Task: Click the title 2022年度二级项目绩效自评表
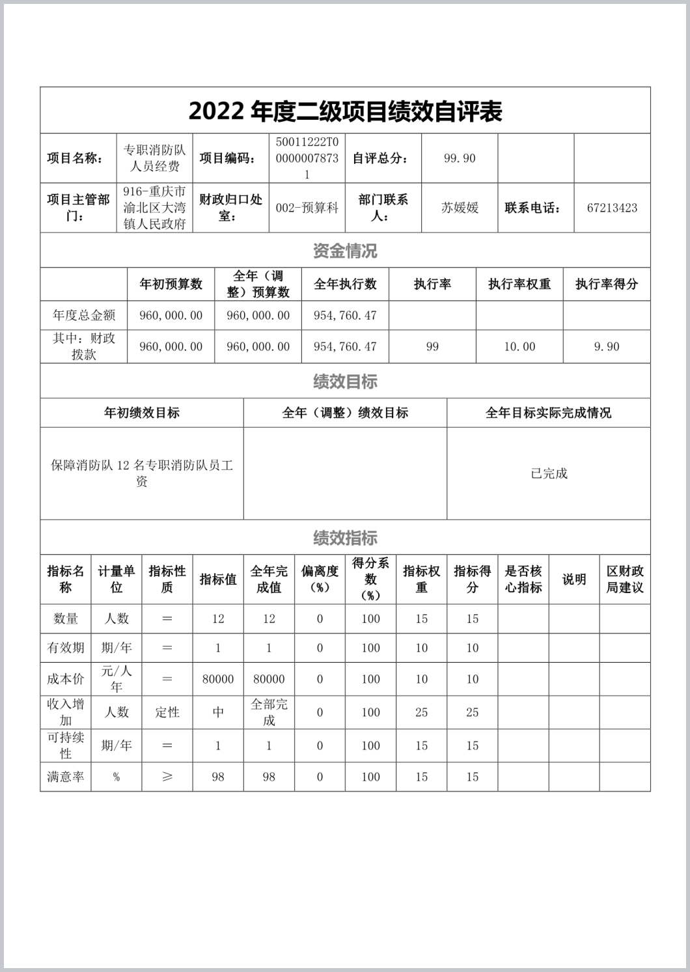pyautogui.click(x=345, y=111)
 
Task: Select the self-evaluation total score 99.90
pyautogui.click(x=460, y=158)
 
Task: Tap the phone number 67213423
pyautogui.click(x=612, y=208)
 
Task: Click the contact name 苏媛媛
pyautogui.click(x=460, y=208)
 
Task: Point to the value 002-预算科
pyautogui.click(x=307, y=208)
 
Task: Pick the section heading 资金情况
pyautogui.click(x=345, y=251)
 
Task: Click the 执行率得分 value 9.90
pyautogui.click(x=607, y=347)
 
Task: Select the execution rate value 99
pyautogui.click(x=432, y=347)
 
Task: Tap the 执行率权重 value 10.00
pyautogui.click(x=519, y=347)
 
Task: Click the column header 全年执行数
pyautogui.click(x=345, y=285)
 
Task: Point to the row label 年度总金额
pyautogui.click(x=84, y=316)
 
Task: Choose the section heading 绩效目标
pyautogui.click(x=345, y=382)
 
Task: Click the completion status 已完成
pyautogui.click(x=549, y=474)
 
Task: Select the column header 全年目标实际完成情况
pyautogui.click(x=549, y=413)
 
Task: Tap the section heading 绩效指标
pyautogui.click(x=345, y=538)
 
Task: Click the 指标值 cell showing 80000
pyautogui.click(x=218, y=679)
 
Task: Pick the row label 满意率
pyautogui.click(x=66, y=777)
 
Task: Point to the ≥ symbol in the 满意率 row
pyautogui.click(x=167, y=777)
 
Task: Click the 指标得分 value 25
pyautogui.click(x=473, y=712)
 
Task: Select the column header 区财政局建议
pyautogui.click(x=625, y=579)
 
